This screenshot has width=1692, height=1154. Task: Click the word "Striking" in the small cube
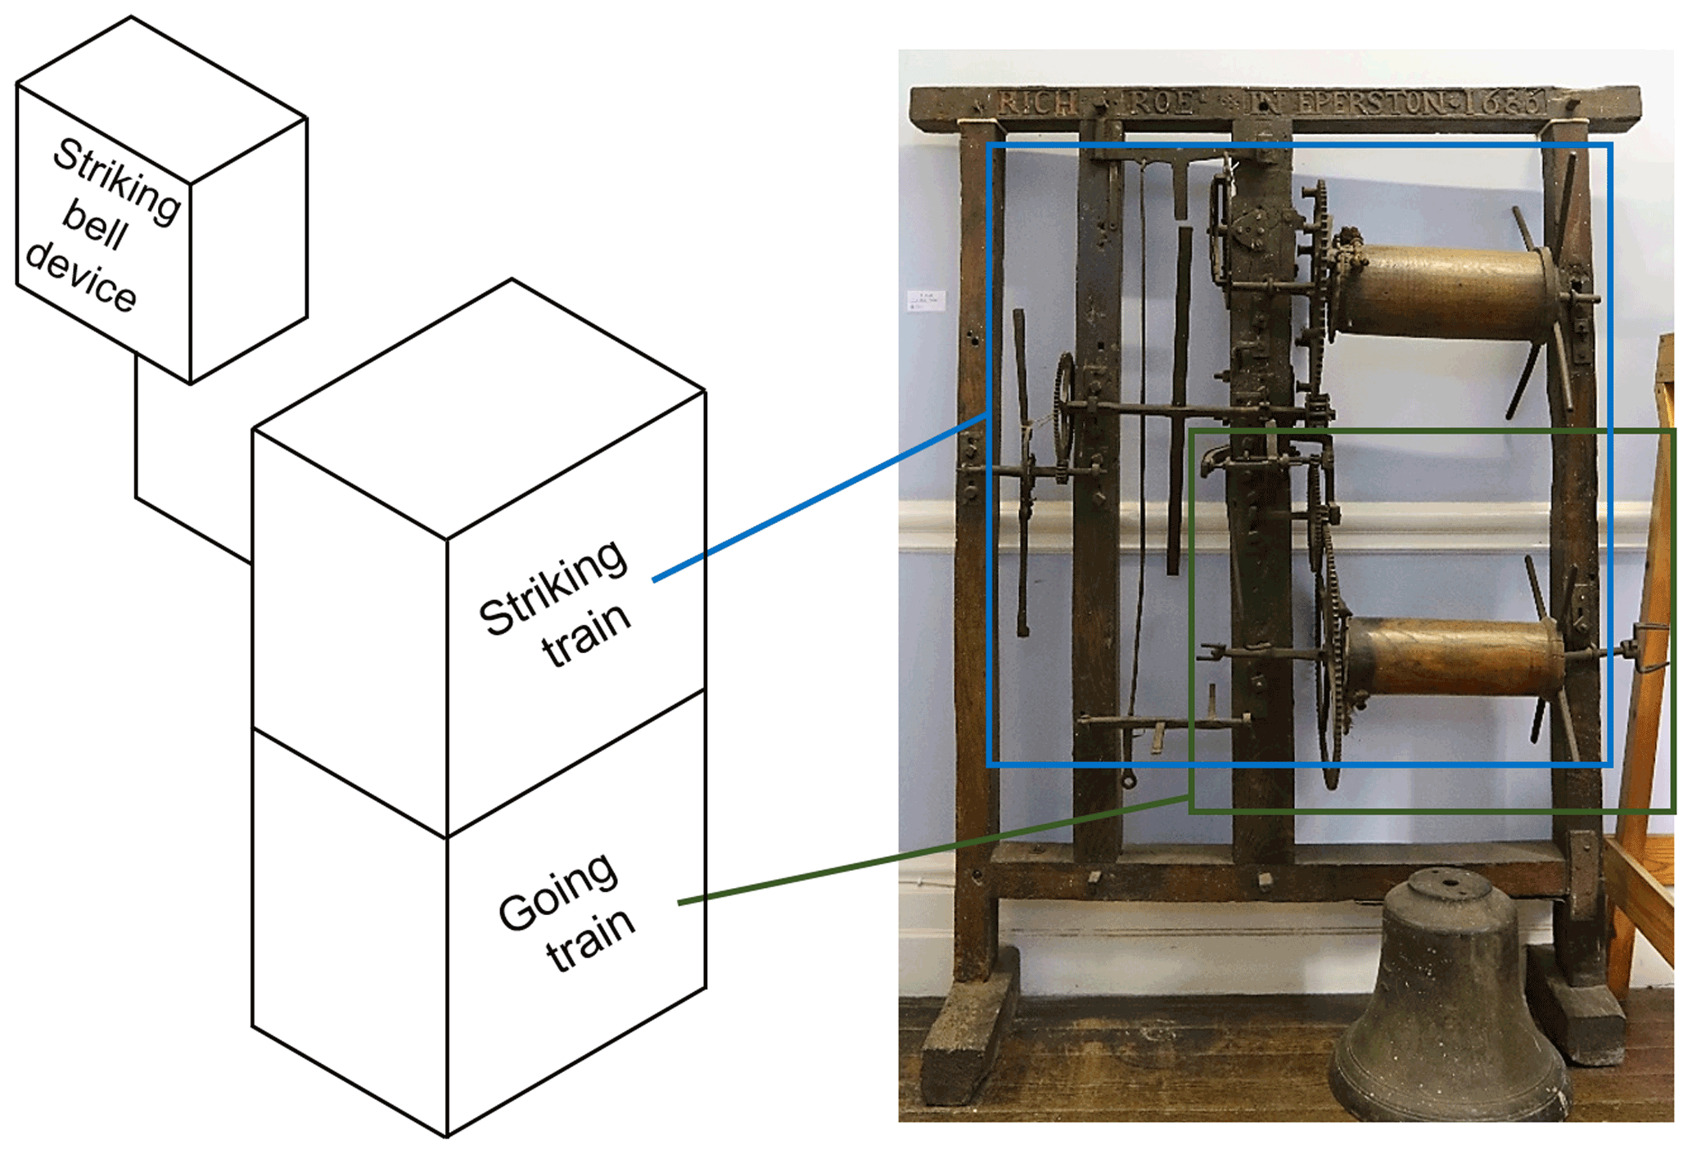[x=117, y=181]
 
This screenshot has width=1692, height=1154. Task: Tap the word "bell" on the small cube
[x=95, y=224]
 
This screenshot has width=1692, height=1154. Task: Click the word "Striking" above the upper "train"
[x=553, y=588]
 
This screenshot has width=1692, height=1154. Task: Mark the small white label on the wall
[x=926, y=300]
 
